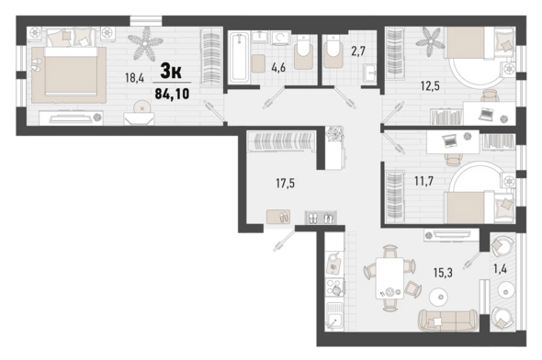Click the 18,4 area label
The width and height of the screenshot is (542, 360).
(x=134, y=78)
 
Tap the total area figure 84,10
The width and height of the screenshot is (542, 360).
(x=172, y=94)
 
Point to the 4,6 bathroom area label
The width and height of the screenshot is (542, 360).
(x=278, y=68)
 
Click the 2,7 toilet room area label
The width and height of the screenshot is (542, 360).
(x=357, y=51)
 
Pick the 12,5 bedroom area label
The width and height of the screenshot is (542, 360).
(x=430, y=85)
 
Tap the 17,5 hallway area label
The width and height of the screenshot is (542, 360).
(x=285, y=183)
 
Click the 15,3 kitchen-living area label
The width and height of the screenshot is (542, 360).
(x=443, y=273)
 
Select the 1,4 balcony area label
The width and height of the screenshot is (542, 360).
(x=500, y=268)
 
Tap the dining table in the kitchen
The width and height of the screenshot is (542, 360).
(x=390, y=278)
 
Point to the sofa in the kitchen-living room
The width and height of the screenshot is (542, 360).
(x=448, y=320)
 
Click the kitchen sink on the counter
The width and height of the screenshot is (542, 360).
(x=333, y=317)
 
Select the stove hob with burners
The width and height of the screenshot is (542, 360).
(x=334, y=287)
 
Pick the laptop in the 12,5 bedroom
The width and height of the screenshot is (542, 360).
(x=486, y=113)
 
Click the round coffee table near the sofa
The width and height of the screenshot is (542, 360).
(x=439, y=297)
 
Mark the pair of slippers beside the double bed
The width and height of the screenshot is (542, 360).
(x=36, y=65)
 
